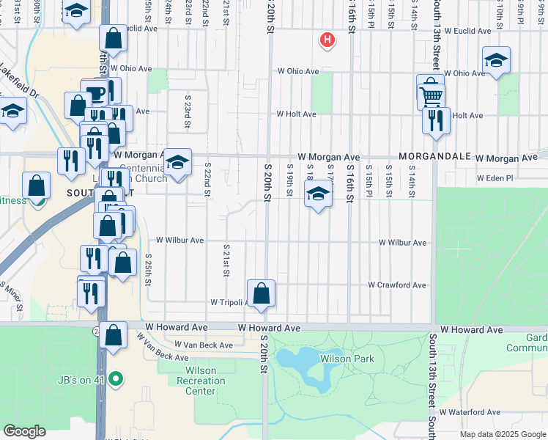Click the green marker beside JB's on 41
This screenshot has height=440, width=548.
click(114, 379)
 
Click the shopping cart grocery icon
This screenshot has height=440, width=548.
click(432, 95)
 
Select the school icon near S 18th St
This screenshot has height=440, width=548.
click(318, 194)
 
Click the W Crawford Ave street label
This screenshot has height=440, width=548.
click(396, 285)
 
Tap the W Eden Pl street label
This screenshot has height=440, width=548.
click(497, 178)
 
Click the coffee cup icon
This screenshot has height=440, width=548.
click(95, 92)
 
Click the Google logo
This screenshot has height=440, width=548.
click(24, 431)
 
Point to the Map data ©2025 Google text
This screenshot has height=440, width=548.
click(503, 434)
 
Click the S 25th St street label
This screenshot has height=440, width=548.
click(148, 271)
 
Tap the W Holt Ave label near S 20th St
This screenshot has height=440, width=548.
click(296, 114)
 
